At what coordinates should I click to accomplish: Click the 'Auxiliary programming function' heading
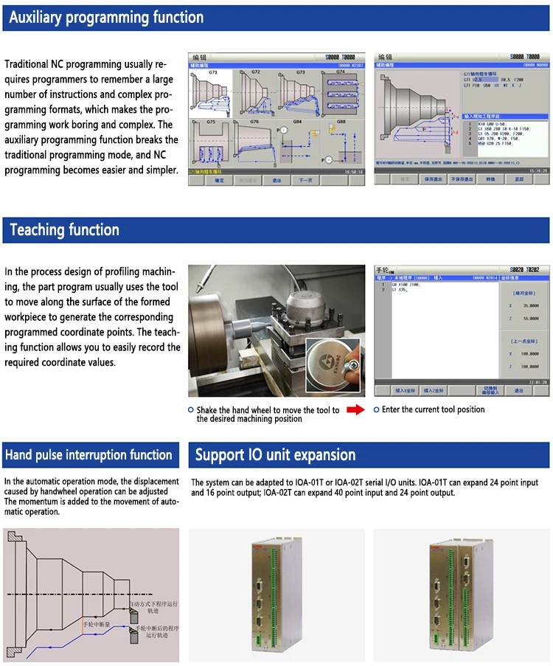[106, 18]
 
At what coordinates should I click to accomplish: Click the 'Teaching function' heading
[65, 230]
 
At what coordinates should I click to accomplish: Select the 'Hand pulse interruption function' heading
[88, 455]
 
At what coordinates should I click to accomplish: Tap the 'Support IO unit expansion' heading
[275, 455]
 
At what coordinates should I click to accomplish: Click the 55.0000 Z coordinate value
[529, 319]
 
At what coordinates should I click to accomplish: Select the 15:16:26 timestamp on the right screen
[537, 170]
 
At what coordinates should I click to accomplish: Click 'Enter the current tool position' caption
[433, 409]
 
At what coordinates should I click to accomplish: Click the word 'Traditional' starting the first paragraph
[27, 64]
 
